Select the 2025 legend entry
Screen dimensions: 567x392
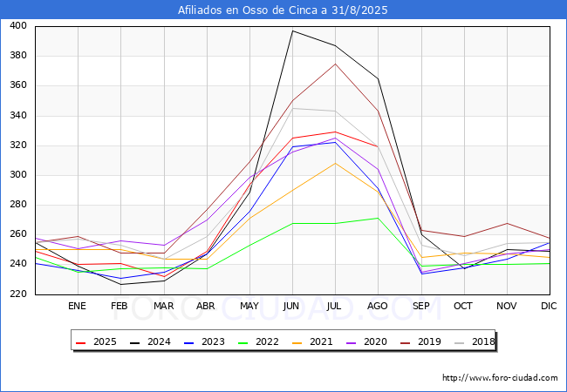pos(96,341)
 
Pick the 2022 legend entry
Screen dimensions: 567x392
pos(258,341)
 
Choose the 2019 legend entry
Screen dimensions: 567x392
pos(420,341)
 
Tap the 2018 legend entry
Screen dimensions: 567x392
pos(475,341)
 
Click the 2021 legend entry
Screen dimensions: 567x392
pos(312,341)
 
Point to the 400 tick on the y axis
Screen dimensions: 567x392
pos(18,25)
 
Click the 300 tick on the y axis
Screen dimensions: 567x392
pos(18,175)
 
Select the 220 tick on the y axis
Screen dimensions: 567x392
pos(18,294)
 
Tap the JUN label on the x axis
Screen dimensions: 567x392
pos(291,306)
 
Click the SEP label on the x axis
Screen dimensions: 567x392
pos(421,306)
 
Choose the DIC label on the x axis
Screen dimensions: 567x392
pos(549,306)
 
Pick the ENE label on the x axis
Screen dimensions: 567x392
pos(77,306)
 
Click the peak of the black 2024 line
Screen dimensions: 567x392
pos(292,30)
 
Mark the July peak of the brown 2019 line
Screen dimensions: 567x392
pos(335,64)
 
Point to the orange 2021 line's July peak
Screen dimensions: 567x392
pos(335,163)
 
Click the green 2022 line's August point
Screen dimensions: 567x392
pos(378,218)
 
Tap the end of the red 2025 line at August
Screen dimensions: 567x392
pos(378,146)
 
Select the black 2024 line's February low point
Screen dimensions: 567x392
pos(120,285)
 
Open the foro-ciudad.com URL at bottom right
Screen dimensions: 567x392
pos(500,378)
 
